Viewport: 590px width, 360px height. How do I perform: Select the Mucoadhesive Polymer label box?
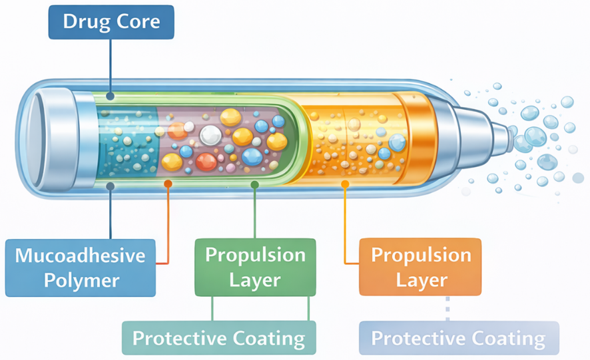point(80,268)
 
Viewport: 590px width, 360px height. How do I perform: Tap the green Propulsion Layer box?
point(254,267)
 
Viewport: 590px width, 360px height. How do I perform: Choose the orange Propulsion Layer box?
point(420,267)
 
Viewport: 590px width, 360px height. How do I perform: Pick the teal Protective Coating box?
point(218,338)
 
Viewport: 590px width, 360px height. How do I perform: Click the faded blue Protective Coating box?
point(458,338)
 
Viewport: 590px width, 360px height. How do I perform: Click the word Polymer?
point(80,279)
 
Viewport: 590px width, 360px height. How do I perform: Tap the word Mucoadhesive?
point(80,256)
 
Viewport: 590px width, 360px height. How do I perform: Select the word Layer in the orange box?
point(420,279)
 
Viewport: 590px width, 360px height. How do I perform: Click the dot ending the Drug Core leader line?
point(111,96)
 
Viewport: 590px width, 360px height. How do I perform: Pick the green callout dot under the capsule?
point(254,183)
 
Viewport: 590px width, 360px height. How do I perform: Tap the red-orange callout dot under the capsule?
point(168,183)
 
